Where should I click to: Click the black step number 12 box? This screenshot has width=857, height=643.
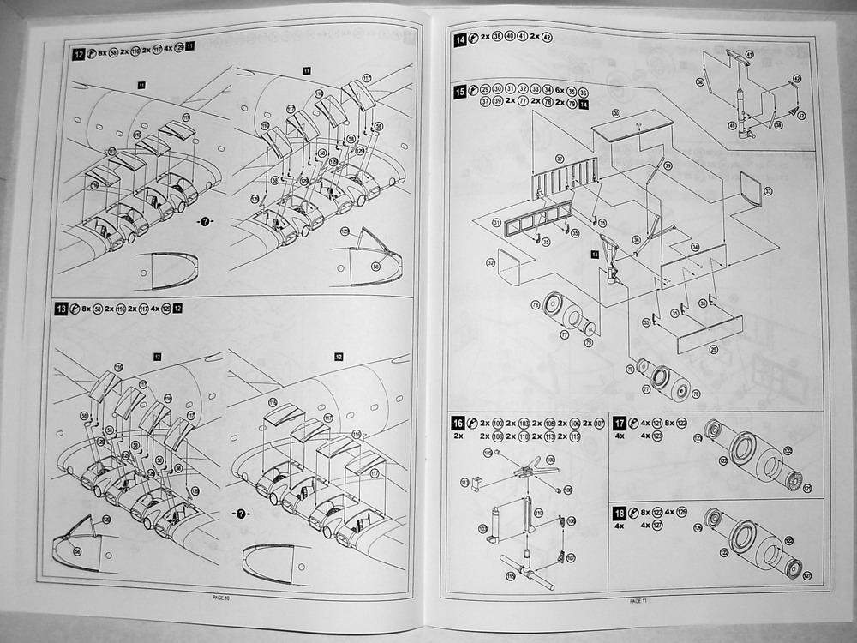pyautogui.click(x=79, y=54)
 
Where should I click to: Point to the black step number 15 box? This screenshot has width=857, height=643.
pyautogui.click(x=461, y=90)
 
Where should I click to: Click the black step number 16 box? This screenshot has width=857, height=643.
pyautogui.click(x=458, y=424)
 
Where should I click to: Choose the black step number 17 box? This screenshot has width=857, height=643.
pyautogui.click(x=620, y=424)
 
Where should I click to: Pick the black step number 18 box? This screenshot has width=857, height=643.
pyautogui.click(x=620, y=513)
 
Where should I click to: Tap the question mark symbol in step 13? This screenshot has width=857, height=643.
pyautogui.click(x=242, y=513)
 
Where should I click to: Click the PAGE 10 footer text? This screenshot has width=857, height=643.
pyautogui.click(x=221, y=598)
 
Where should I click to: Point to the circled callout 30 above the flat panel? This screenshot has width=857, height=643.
pyautogui.click(x=615, y=113)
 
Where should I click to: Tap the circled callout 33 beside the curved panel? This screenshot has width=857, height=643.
pyautogui.click(x=768, y=190)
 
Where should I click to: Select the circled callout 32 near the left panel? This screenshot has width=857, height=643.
pyautogui.click(x=491, y=262)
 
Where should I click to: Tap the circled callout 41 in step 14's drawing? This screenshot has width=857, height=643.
pyautogui.click(x=748, y=54)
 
